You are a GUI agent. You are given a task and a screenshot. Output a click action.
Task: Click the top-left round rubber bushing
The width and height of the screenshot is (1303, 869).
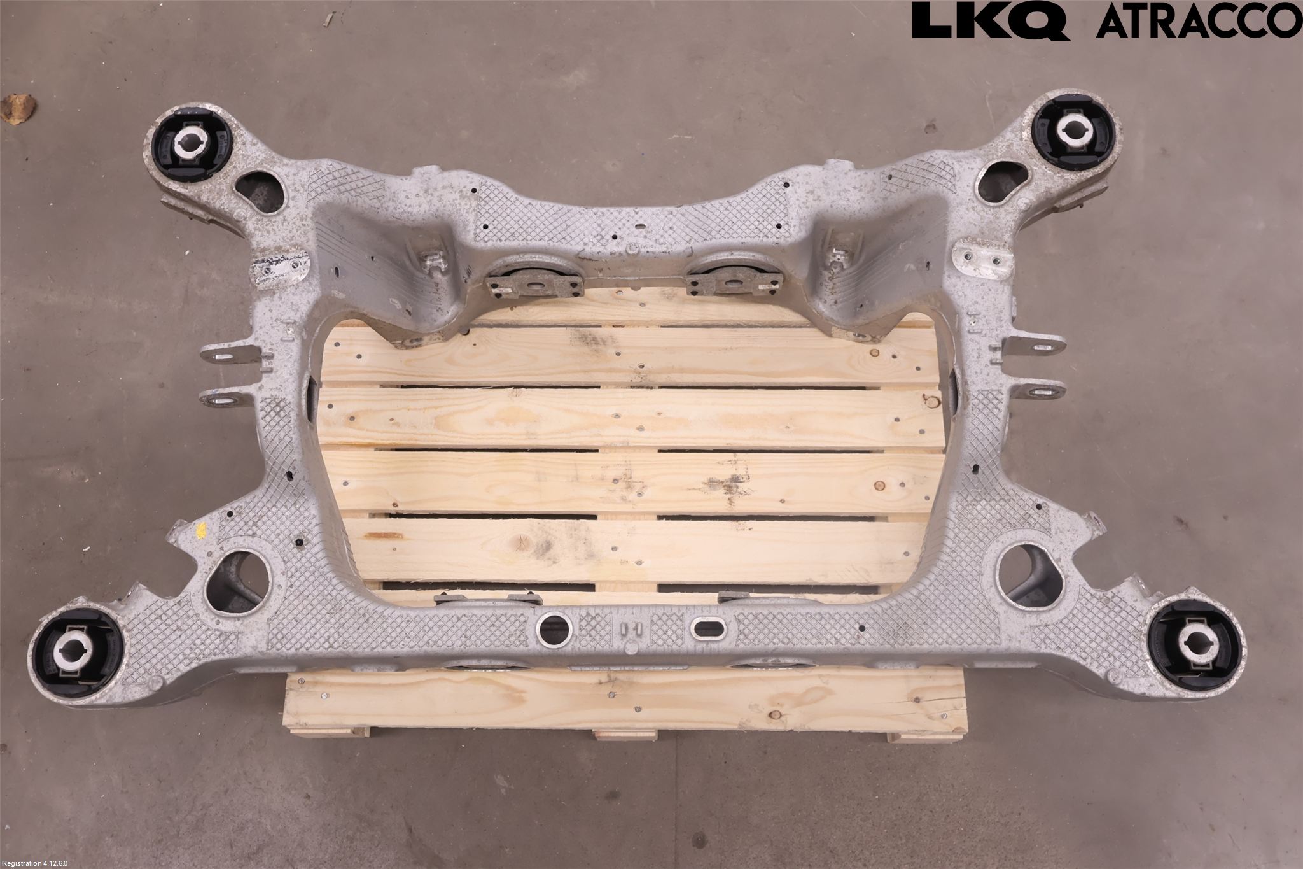click(x=192, y=138)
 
